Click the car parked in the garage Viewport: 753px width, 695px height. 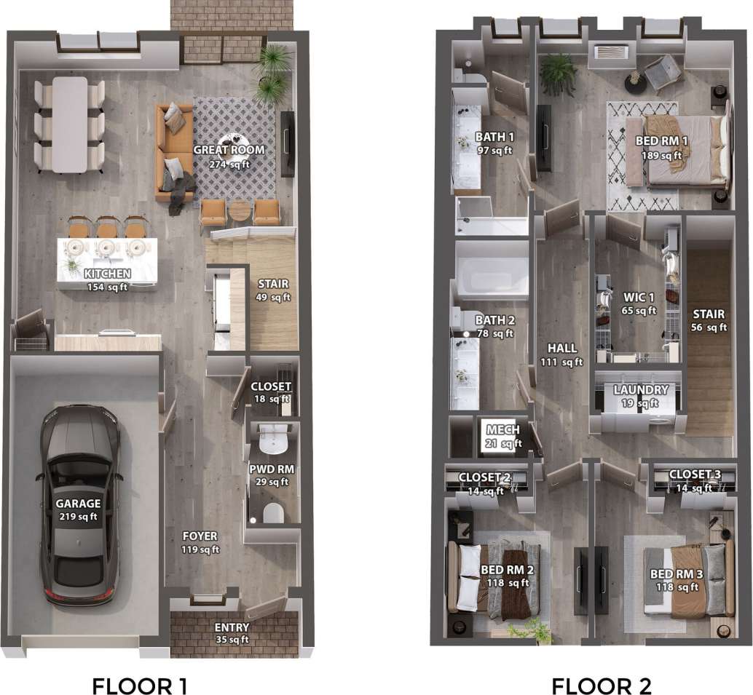click(x=80, y=506)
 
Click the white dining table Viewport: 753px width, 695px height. click(x=70, y=124)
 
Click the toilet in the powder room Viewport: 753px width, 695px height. click(x=272, y=514)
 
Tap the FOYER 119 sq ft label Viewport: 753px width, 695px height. click(x=200, y=543)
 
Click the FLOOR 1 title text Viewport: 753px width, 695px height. click(x=140, y=686)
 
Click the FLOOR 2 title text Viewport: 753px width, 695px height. click(x=601, y=686)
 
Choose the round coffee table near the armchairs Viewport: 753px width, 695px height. click(x=239, y=211)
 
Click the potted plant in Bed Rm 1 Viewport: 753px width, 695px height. click(x=559, y=73)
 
